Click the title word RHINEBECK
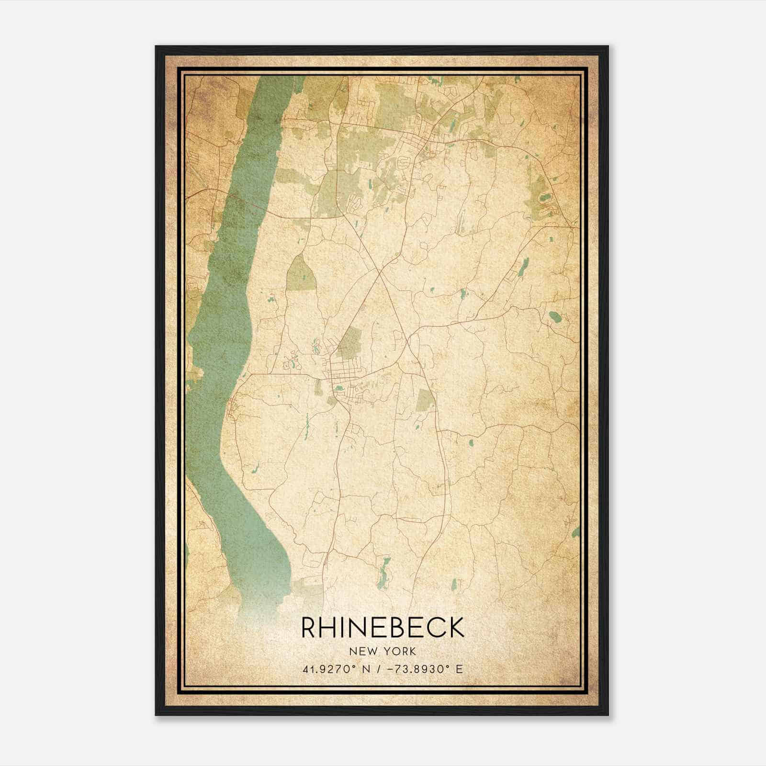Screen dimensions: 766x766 pyautogui.click(x=383, y=628)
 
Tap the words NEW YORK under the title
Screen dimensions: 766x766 pyautogui.click(x=383, y=652)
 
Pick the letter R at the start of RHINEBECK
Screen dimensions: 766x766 pyautogui.click(x=309, y=628)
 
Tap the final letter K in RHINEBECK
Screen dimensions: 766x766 pyautogui.click(x=456, y=628)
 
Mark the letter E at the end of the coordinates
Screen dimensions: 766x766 pyautogui.click(x=460, y=669)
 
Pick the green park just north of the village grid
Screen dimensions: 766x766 pyautogui.click(x=352, y=342)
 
